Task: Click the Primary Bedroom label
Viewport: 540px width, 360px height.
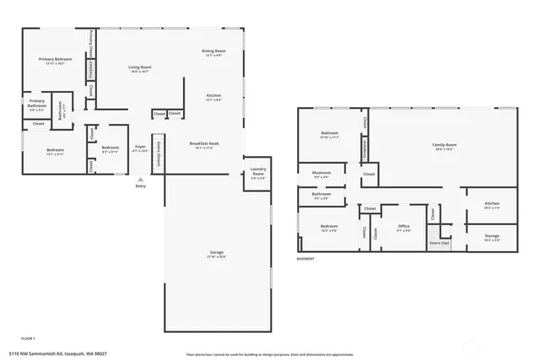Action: (52, 60)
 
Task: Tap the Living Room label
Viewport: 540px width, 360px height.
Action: (139, 67)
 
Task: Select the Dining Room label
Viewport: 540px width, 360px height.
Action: (213, 52)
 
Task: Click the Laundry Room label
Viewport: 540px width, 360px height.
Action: (258, 175)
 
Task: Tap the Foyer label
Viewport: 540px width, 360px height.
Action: (140, 148)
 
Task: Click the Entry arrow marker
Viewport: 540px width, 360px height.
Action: (140, 180)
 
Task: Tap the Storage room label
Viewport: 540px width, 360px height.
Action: (492, 237)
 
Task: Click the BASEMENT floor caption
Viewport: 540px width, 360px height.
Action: (307, 259)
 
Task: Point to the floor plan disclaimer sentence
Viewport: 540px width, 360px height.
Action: (271, 354)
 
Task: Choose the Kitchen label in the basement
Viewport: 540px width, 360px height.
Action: (492, 204)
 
